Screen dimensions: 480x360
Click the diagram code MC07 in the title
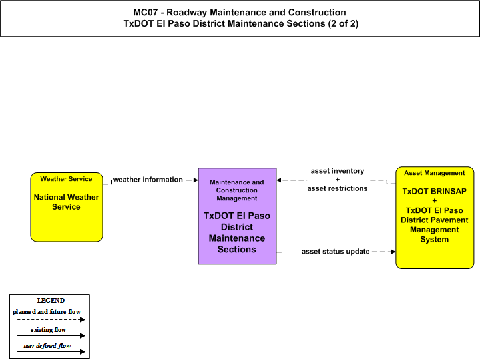coord(145,12)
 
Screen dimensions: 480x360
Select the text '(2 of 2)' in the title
coord(343,23)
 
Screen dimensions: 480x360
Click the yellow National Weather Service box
coord(67,207)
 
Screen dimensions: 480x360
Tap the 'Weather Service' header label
coord(66,179)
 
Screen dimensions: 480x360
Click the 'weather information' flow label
coord(148,180)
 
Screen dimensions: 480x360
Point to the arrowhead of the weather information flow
coord(196,180)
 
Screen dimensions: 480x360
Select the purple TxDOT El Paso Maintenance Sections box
coord(237,216)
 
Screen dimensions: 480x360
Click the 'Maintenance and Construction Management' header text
coord(237,190)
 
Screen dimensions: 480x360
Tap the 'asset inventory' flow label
coord(338,171)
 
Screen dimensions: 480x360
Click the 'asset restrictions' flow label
coord(338,188)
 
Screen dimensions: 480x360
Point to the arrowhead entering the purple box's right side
coord(278,180)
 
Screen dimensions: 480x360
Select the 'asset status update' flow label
coord(336,252)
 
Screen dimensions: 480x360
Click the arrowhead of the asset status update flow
coord(393,252)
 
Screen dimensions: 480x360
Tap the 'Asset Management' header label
coord(434,173)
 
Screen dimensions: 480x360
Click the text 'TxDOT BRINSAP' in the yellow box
coord(434,191)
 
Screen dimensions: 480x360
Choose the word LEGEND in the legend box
coord(51,300)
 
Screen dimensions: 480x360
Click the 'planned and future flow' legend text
coord(47,312)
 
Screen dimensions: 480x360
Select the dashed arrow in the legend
coord(51,319)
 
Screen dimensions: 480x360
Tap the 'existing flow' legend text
coord(48,329)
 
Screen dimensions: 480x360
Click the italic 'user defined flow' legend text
coord(47,346)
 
